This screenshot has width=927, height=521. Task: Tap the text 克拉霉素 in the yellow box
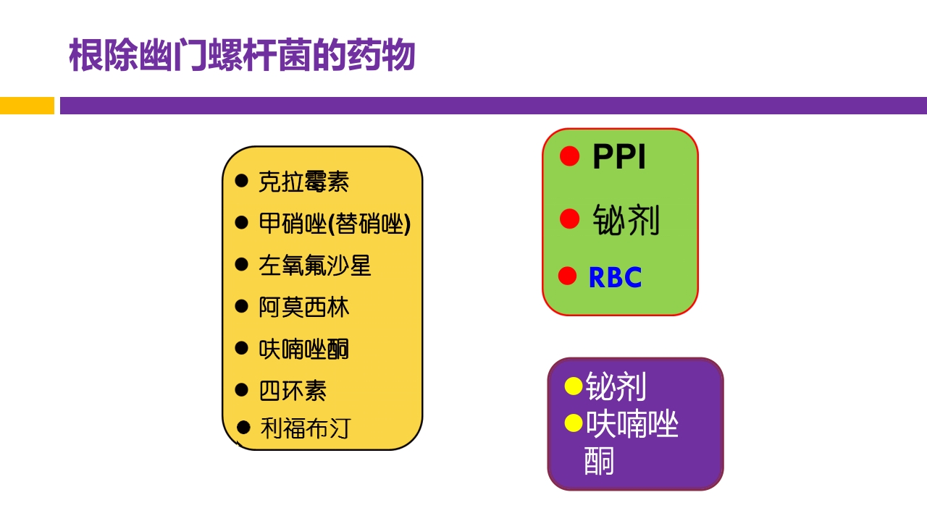pos(303,182)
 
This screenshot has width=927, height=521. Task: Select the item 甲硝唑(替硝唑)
pos(335,224)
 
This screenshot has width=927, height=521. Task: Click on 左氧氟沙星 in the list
pos(314,266)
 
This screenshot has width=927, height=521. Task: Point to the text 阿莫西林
pos(303,308)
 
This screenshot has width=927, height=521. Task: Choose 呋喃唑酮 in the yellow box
pos(303,350)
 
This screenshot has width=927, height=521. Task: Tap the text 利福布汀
pos(304,428)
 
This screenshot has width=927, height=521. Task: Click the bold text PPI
pos(619,157)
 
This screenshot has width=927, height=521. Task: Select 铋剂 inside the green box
pos(626,220)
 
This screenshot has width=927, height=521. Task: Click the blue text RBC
pos(615,278)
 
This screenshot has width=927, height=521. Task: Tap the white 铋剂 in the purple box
pos(616,387)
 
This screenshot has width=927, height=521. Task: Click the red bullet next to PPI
pos(570,156)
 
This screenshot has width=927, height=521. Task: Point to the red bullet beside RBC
pos(568,276)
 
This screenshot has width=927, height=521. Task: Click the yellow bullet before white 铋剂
pos(574,386)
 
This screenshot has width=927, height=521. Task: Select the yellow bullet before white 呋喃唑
pos(574,423)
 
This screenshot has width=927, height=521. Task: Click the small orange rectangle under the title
pos(27,106)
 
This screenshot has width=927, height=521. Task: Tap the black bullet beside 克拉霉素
pos(241,180)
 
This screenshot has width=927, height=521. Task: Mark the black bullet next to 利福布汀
pos(243,428)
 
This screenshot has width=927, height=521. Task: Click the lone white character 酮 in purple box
pos(599,461)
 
